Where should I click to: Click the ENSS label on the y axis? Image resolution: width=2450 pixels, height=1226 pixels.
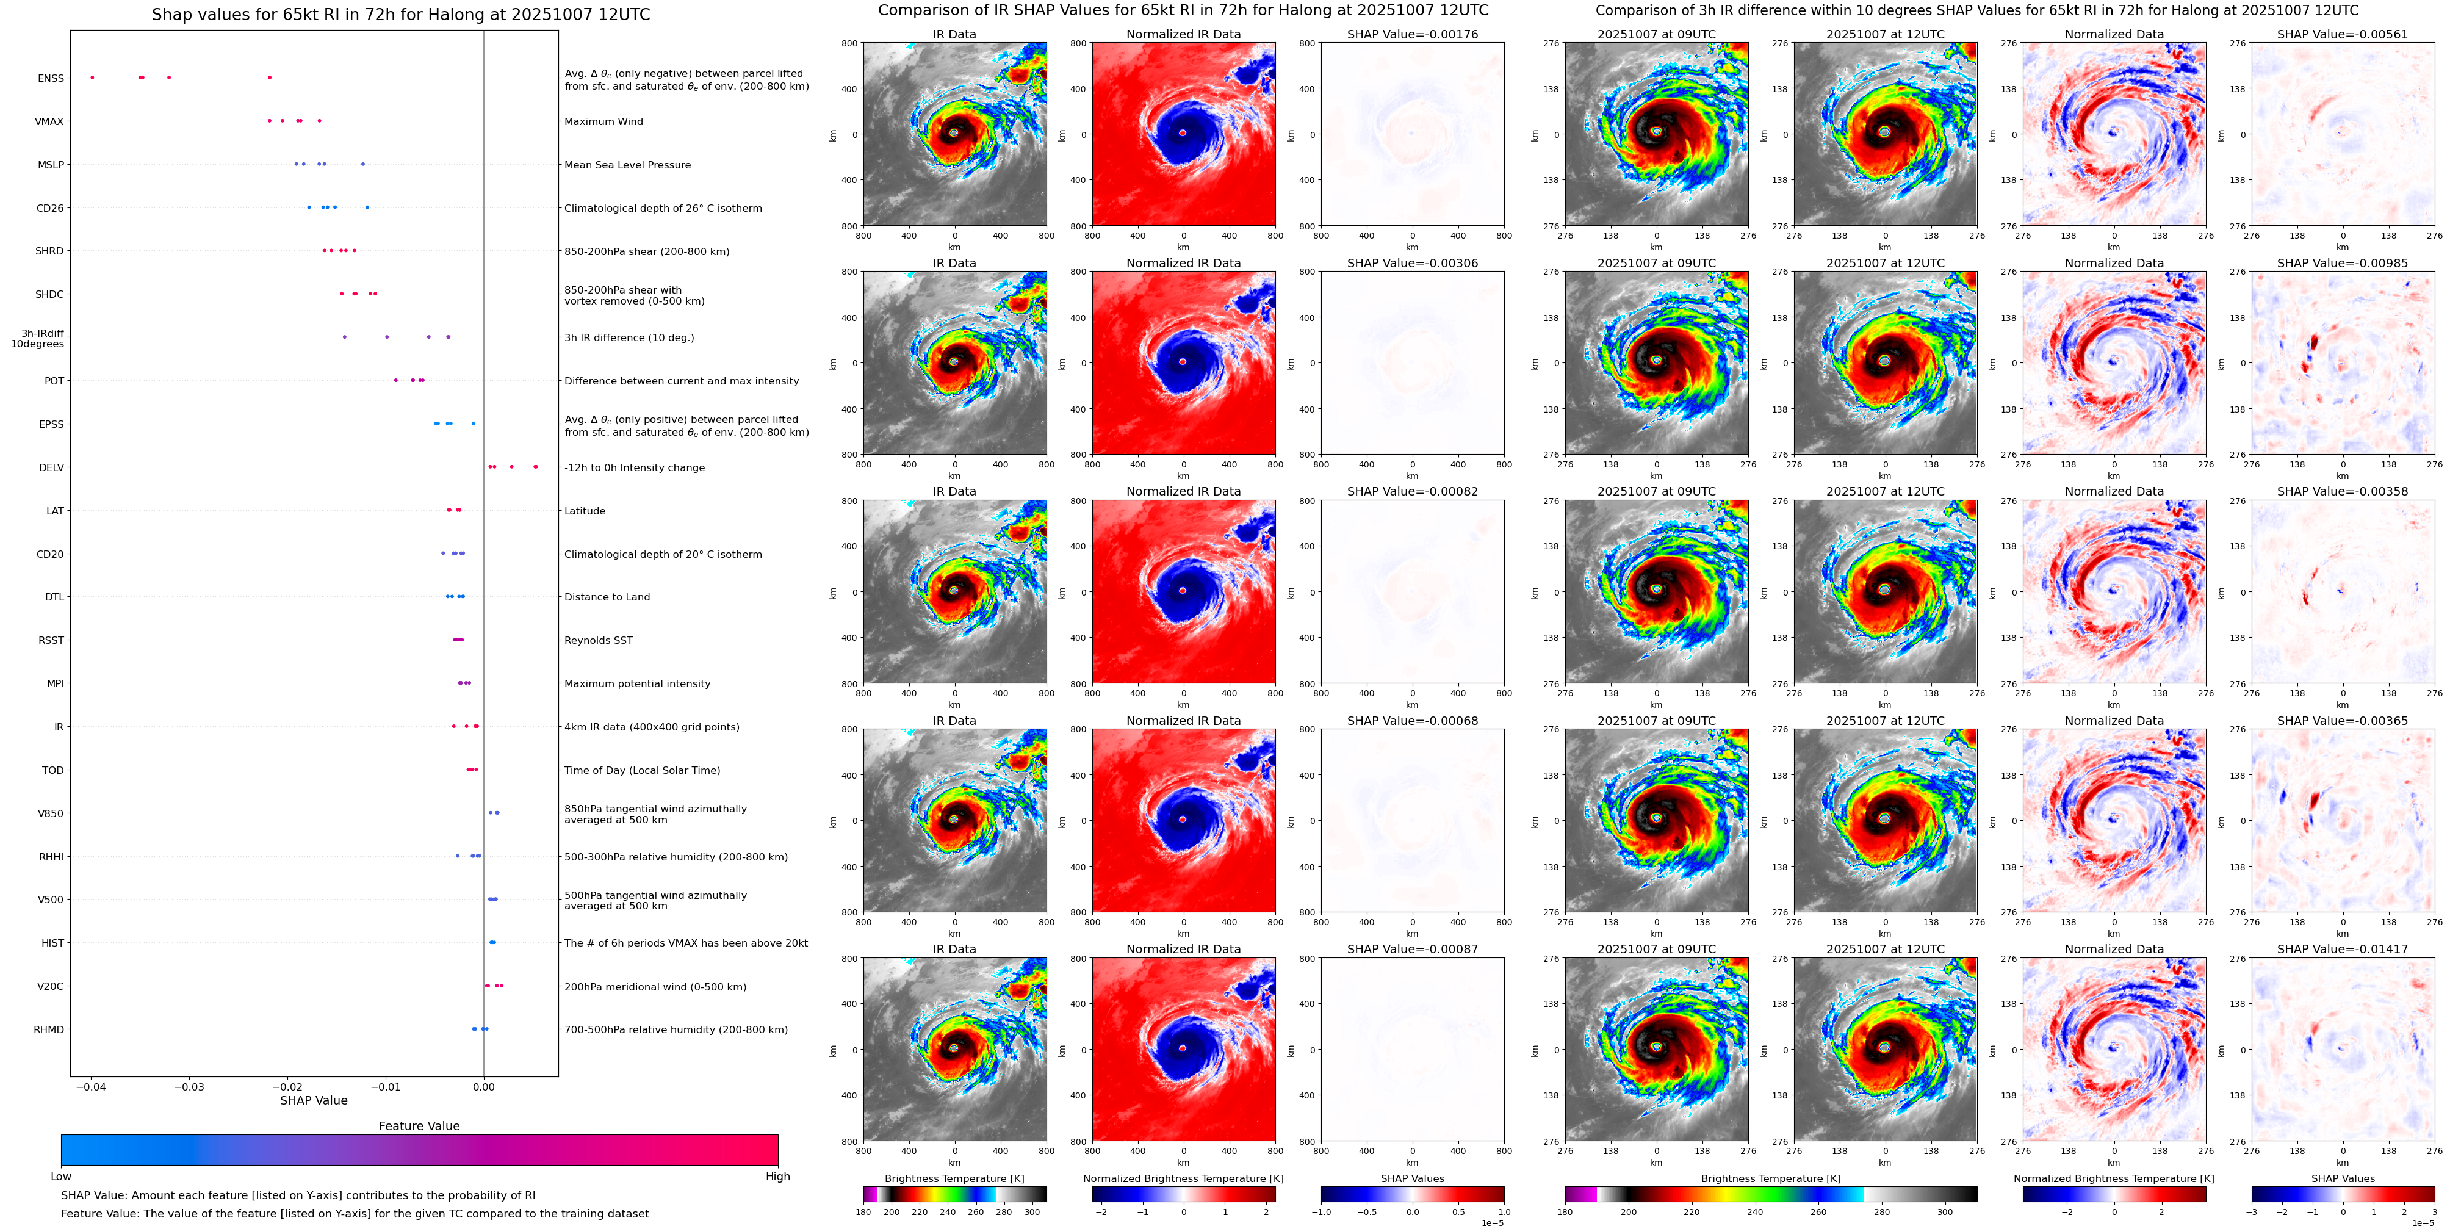[x=51, y=78]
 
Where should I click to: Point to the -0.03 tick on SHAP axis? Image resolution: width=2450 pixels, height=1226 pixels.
[x=190, y=1086]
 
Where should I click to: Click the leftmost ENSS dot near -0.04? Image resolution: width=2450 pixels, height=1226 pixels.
[x=92, y=77]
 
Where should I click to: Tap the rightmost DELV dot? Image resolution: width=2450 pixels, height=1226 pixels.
[x=536, y=467]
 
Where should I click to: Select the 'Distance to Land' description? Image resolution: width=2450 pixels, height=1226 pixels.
[x=607, y=597]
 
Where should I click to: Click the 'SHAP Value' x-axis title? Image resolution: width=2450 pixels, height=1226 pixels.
[x=313, y=1100]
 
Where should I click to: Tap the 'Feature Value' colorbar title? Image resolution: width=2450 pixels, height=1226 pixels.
[x=419, y=1126]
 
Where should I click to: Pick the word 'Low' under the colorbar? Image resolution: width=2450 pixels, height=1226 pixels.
[x=61, y=1177]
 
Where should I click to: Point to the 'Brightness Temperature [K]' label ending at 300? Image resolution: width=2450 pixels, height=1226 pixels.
[x=954, y=1178]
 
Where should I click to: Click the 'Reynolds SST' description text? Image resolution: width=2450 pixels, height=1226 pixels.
[x=597, y=640]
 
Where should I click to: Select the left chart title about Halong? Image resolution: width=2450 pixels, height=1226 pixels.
[x=400, y=14]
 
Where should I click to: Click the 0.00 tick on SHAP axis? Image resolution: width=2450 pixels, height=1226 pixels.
[x=483, y=1086]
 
